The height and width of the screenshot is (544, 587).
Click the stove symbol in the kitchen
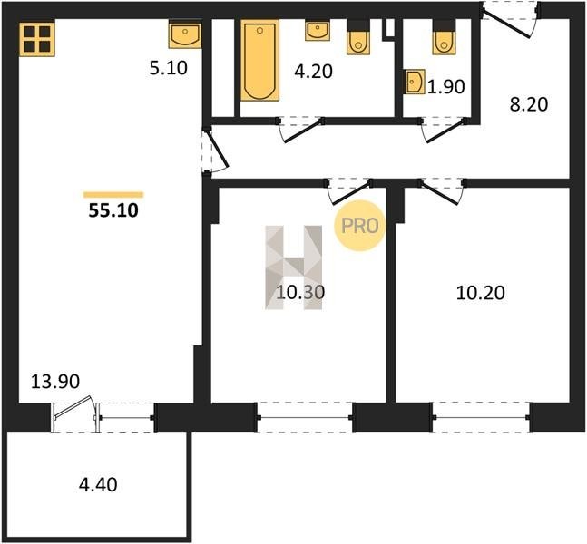pos(37,40)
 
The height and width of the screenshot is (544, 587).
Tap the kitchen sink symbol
pos(185,35)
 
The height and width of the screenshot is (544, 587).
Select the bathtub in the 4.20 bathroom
pos(259,60)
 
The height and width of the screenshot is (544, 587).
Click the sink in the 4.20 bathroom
pos(318,31)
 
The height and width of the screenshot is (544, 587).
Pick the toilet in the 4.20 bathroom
pos(358,37)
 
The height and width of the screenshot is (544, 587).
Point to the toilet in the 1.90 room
pos(444,37)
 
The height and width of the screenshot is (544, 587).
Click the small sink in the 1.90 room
pos(415,82)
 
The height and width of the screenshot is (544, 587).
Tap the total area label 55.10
pos(113,210)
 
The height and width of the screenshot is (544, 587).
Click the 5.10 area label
pos(169,69)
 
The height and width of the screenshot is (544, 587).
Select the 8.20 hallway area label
pos(529,104)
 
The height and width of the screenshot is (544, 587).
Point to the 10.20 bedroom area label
pos(481,293)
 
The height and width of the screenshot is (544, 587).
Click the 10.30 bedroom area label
pos(300,292)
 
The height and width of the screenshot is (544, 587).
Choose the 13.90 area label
pos(55,382)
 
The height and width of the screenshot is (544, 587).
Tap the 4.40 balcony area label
pos(98,484)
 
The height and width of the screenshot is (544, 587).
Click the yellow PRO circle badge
pos(359,226)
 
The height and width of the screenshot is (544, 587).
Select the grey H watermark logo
pos(294,267)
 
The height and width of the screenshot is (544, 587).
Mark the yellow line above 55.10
pos(113,195)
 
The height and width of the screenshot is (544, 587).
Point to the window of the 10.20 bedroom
pos(481,418)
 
